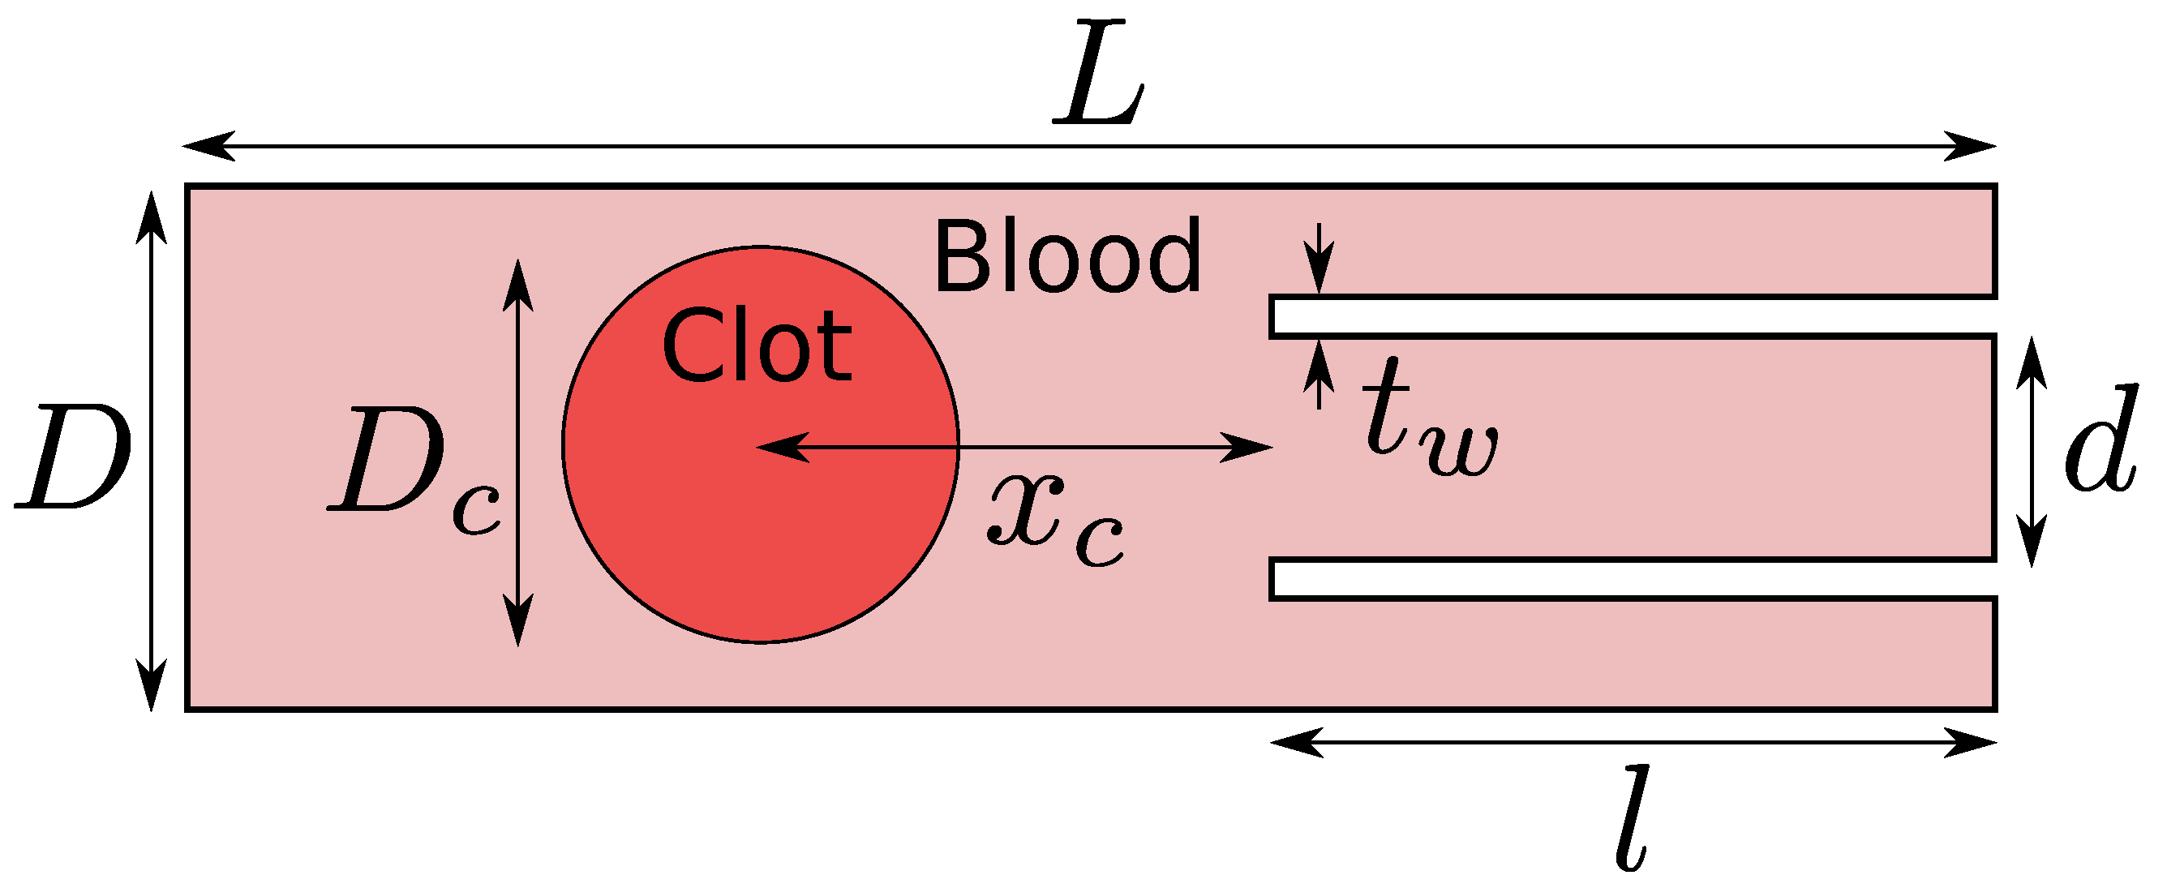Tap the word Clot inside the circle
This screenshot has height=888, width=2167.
pyautogui.click(x=757, y=345)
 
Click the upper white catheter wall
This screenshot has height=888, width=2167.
pyautogui.click(x=1632, y=316)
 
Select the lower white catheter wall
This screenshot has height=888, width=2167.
pyautogui.click(x=1632, y=579)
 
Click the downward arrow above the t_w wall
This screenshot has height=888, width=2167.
pyautogui.click(x=1319, y=266)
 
